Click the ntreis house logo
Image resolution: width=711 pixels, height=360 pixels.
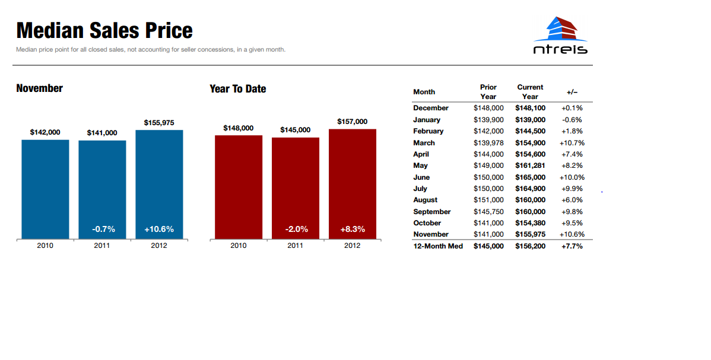[560, 36]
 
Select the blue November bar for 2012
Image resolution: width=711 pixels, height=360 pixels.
[159, 184]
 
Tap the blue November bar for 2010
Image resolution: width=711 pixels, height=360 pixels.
[45, 190]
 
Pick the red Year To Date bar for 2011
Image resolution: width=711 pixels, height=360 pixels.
[296, 188]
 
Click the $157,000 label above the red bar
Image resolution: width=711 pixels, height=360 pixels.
[353, 122]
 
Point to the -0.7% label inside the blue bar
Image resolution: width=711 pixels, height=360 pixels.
[103, 230]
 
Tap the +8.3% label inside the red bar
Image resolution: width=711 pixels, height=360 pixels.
[353, 230]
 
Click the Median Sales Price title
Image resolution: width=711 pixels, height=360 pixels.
[104, 30]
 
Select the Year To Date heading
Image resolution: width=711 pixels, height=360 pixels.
[237, 89]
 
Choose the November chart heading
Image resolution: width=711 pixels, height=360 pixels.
[39, 88]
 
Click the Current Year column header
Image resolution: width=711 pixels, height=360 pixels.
[530, 91]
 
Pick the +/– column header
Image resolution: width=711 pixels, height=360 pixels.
[572, 92]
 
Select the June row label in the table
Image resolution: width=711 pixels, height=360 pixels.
[421, 177]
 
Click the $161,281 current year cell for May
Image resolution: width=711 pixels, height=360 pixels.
[530, 165]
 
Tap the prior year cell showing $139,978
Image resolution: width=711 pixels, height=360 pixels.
[488, 143]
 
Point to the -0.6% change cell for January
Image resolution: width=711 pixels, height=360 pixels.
[572, 120]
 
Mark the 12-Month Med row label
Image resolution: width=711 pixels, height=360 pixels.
[438, 246]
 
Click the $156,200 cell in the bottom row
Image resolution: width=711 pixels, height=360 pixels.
[530, 246]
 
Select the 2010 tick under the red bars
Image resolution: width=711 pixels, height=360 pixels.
[239, 246]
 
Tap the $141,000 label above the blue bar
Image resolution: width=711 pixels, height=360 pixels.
[102, 133]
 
